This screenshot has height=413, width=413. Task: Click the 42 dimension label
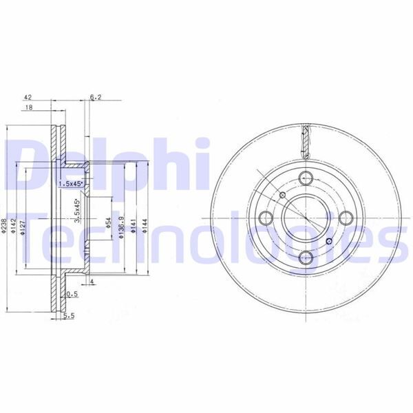click(x=28, y=98)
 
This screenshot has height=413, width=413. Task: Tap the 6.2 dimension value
click(x=96, y=98)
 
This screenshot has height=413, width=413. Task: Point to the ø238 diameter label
click(x=5, y=228)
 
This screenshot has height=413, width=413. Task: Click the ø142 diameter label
click(x=14, y=228)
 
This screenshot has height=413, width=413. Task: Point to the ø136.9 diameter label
click(x=121, y=228)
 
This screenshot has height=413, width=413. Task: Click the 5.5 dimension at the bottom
click(x=67, y=317)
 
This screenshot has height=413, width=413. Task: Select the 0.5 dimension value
click(x=71, y=294)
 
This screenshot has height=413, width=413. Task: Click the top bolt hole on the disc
click(x=305, y=176)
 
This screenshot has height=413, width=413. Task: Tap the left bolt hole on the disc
click(x=264, y=218)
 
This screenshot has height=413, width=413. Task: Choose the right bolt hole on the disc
click(x=346, y=218)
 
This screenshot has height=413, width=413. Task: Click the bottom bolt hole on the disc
click(x=305, y=258)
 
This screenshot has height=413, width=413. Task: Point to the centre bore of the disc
click(x=305, y=218)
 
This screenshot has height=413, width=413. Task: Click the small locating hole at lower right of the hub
click(x=329, y=241)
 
